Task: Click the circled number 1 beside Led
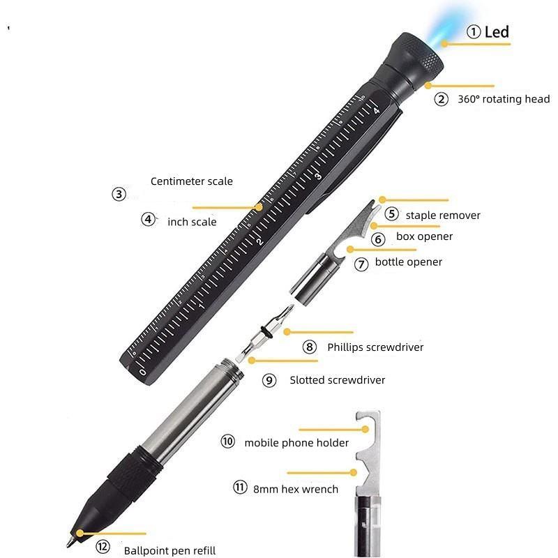(x=474, y=31)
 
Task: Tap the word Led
(x=497, y=32)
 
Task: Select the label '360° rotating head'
(x=504, y=99)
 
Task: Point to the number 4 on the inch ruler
(x=377, y=111)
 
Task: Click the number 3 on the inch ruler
(x=318, y=176)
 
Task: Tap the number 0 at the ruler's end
(x=143, y=372)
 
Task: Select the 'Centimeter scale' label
(x=191, y=181)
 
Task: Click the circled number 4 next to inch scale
(x=148, y=219)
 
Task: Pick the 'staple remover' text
(x=443, y=216)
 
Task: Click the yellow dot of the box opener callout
(x=374, y=225)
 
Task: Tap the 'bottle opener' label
(x=409, y=262)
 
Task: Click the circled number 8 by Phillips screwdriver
(x=309, y=347)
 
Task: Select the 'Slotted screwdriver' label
(x=338, y=380)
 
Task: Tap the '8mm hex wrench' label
(x=296, y=490)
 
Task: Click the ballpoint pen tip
(x=68, y=545)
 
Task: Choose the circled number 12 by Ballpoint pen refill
(x=103, y=547)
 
